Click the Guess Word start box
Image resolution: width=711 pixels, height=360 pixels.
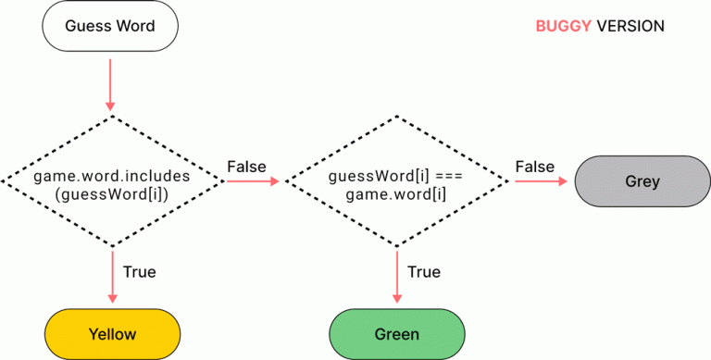coord(109,26)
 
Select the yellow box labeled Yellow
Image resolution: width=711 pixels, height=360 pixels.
coord(112,333)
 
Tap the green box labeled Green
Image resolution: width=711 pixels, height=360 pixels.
coord(397,333)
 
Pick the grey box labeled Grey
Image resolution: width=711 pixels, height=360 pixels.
coord(642,181)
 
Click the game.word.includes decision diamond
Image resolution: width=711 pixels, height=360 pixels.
coord(113,181)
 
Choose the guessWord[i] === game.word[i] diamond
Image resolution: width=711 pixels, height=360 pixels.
coord(397,181)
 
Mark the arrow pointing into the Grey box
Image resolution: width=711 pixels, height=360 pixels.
coord(541,181)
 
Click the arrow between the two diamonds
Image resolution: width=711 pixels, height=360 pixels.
coord(252,181)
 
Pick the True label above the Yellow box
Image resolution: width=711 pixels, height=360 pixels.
coord(139,272)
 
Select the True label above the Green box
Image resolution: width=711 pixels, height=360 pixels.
coord(424,272)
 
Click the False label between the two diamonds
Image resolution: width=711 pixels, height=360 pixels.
coord(246,167)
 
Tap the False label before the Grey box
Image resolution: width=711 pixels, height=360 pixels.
coord(534,167)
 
